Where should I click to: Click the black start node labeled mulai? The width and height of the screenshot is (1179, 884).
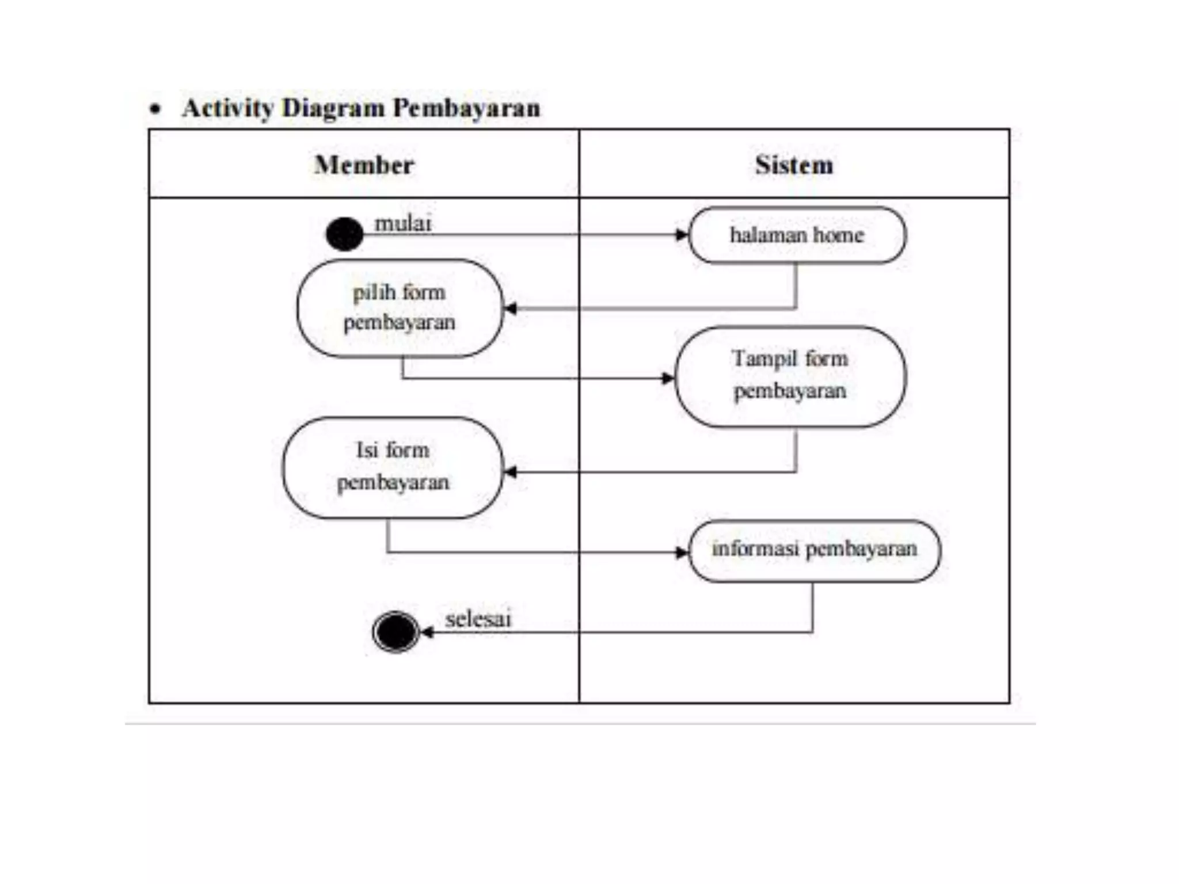pyautogui.click(x=344, y=234)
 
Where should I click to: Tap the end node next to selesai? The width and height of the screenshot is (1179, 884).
pyautogui.click(x=395, y=632)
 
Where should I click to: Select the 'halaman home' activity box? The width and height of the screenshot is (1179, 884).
pyautogui.click(x=797, y=235)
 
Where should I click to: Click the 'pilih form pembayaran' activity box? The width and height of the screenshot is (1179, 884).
pyautogui.click(x=400, y=308)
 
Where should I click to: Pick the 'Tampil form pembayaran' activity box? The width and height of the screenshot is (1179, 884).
pyautogui.click(x=790, y=376)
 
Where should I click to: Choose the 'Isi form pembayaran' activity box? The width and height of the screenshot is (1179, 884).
pyautogui.click(x=393, y=467)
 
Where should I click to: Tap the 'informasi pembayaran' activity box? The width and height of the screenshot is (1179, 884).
pyautogui.click(x=814, y=550)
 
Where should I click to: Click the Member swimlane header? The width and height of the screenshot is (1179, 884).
pyautogui.click(x=364, y=165)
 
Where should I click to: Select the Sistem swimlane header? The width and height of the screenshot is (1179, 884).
pyautogui.click(x=794, y=165)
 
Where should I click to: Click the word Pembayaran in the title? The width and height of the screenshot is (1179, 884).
pyautogui.click(x=466, y=108)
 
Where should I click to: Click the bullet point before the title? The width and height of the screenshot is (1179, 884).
pyautogui.click(x=154, y=109)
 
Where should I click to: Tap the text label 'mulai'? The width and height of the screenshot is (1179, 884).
pyautogui.click(x=402, y=223)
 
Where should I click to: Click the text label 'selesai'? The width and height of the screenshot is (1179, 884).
pyautogui.click(x=478, y=619)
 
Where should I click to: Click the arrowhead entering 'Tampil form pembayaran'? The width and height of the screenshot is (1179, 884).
pyautogui.click(x=668, y=378)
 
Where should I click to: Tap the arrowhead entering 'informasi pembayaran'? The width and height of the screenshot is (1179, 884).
pyautogui.click(x=682, y=552)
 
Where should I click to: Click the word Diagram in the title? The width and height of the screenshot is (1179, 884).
pyautogui.click(x=333, y=108)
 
